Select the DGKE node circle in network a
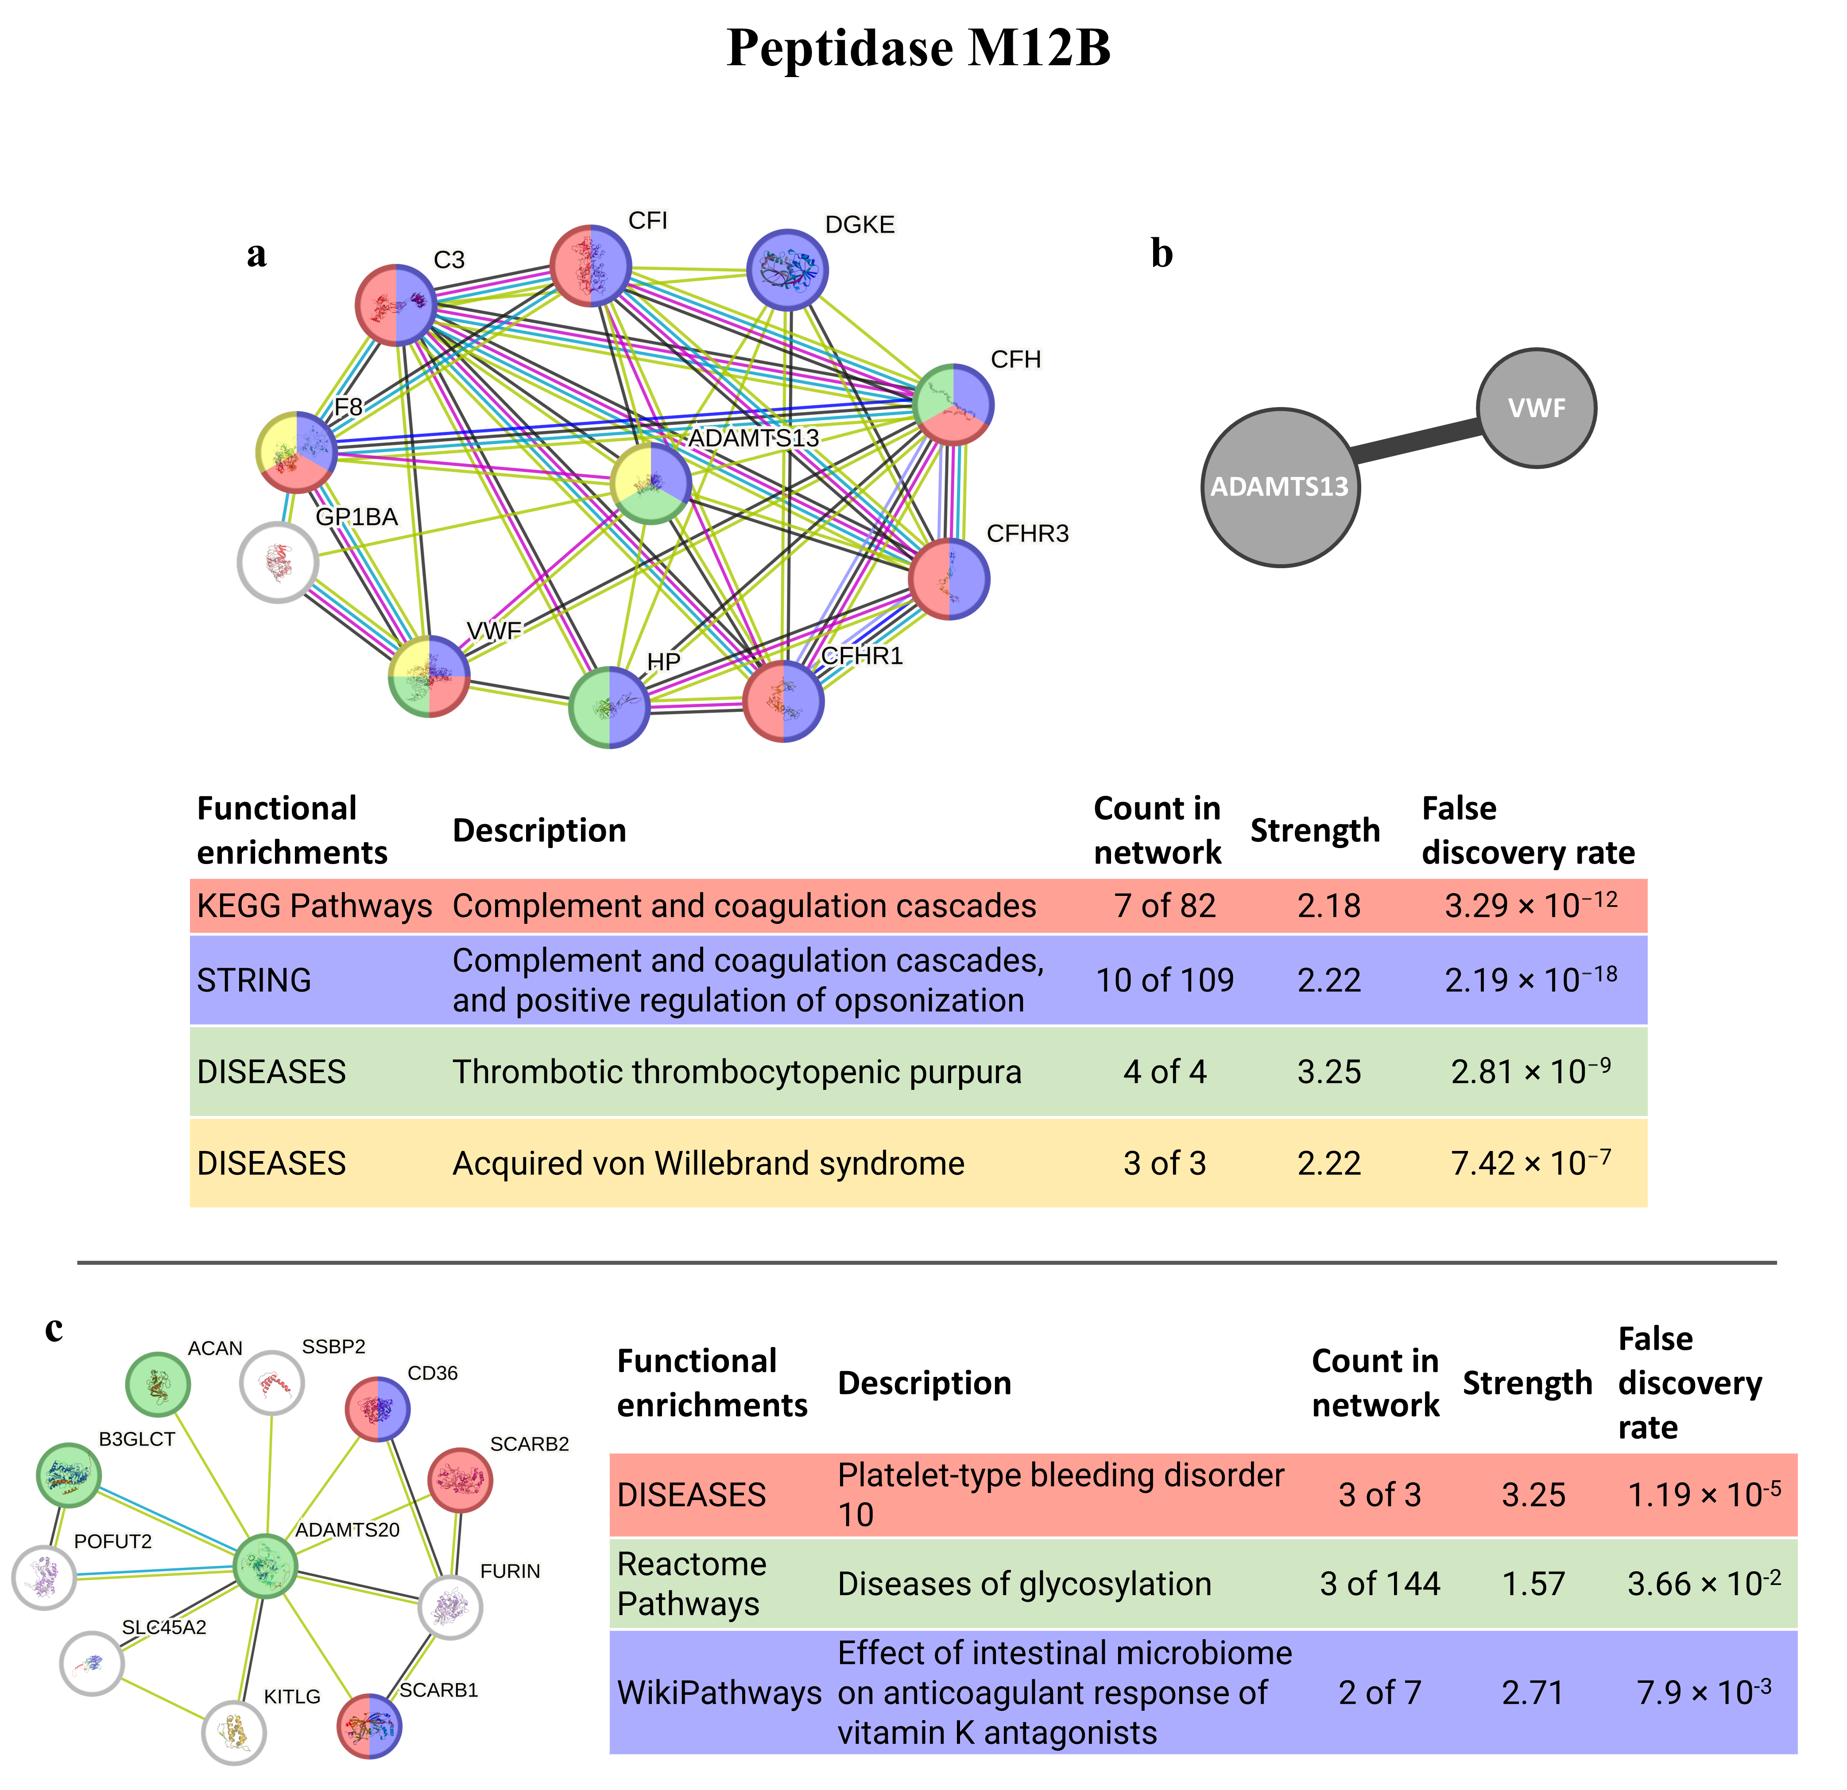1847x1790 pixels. tap(787, 270)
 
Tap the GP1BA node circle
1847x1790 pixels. tap(278, 563)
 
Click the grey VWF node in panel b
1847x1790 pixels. tap(1536, 408)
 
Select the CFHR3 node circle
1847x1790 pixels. tap(949, 579)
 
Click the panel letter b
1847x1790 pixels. tap(1162, 255)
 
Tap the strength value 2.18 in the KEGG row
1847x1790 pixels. tap(1329, 906)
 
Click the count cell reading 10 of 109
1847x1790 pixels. tap(1165, 980)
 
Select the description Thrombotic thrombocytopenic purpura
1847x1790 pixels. tap(737, 1072)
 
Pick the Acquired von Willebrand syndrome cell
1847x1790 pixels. tap(709, 1163)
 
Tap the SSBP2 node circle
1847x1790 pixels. tap(272, 1383)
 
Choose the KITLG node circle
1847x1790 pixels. tap(235, 1732)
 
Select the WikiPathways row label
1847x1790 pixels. tap(719, 1693)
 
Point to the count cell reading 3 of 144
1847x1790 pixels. tap(1379, 1584)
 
